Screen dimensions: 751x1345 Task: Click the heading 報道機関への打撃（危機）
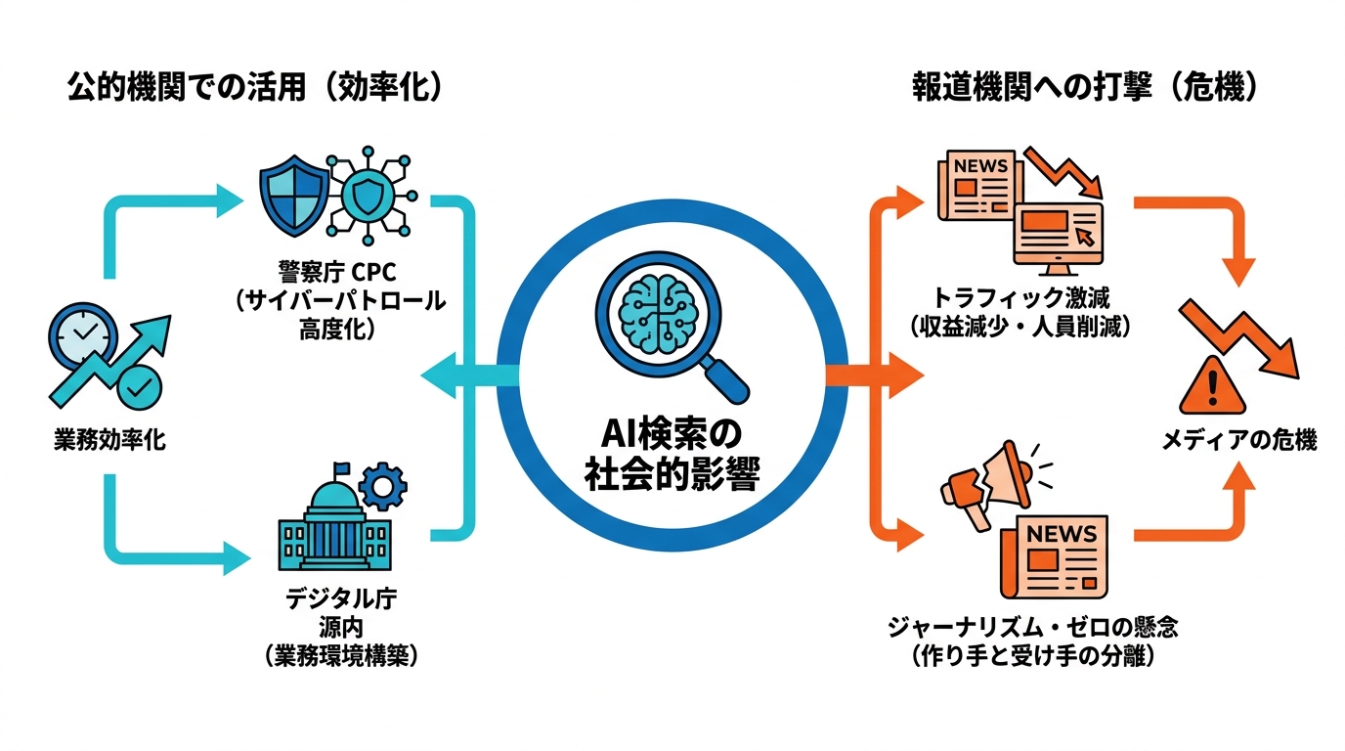(x=1084, y=89)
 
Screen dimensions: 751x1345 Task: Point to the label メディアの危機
(x=1238, y=440)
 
